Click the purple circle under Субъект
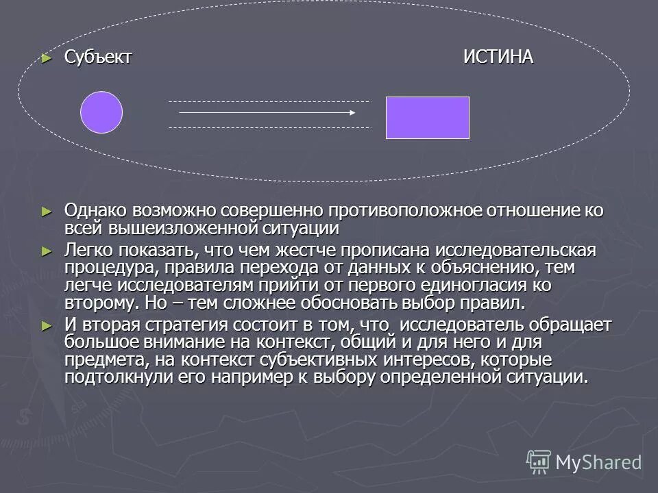click(x=101, y=112)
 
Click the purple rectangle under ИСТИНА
click(x=428, y=118)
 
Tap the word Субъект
click(x=98, y=58)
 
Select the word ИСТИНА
click(x=498, y=58)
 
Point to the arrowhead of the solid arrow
click(x=352, y=112)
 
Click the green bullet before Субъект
click(x=47, y=58)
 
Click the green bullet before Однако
click(x=47, y=211)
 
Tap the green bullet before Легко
click(x=47, y=251)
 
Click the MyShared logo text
click(x=598, y=462)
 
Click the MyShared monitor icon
click(x=539, y=462)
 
